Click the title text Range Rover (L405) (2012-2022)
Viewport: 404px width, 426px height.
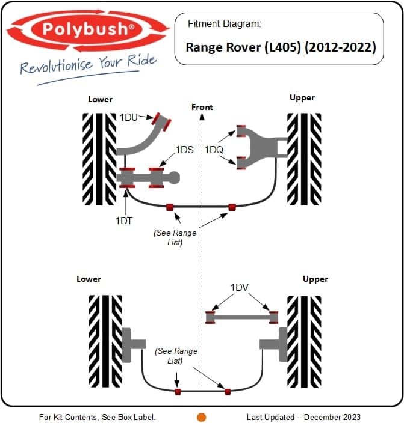pos(281,47)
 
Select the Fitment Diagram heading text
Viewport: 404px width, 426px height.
pos(225,24)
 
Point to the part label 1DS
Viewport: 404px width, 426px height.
pos(184,150)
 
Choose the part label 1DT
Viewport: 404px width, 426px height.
pos(125,221)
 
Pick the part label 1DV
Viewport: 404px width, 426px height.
pos(239,288)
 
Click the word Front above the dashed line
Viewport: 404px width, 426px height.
pos(202,107)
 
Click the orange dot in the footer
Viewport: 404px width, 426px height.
pos(202,417)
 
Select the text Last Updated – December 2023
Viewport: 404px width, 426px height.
pos(303,417)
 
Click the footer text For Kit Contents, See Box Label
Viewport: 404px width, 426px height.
pos(98,417)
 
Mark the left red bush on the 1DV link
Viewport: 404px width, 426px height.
pos(211,317)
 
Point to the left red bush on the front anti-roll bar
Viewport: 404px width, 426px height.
pos(170,208)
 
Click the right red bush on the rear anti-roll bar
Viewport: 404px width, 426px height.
pos(228,392)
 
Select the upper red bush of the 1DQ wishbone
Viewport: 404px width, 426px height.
pos(241,130)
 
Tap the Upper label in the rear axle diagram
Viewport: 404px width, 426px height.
pos(315,279)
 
